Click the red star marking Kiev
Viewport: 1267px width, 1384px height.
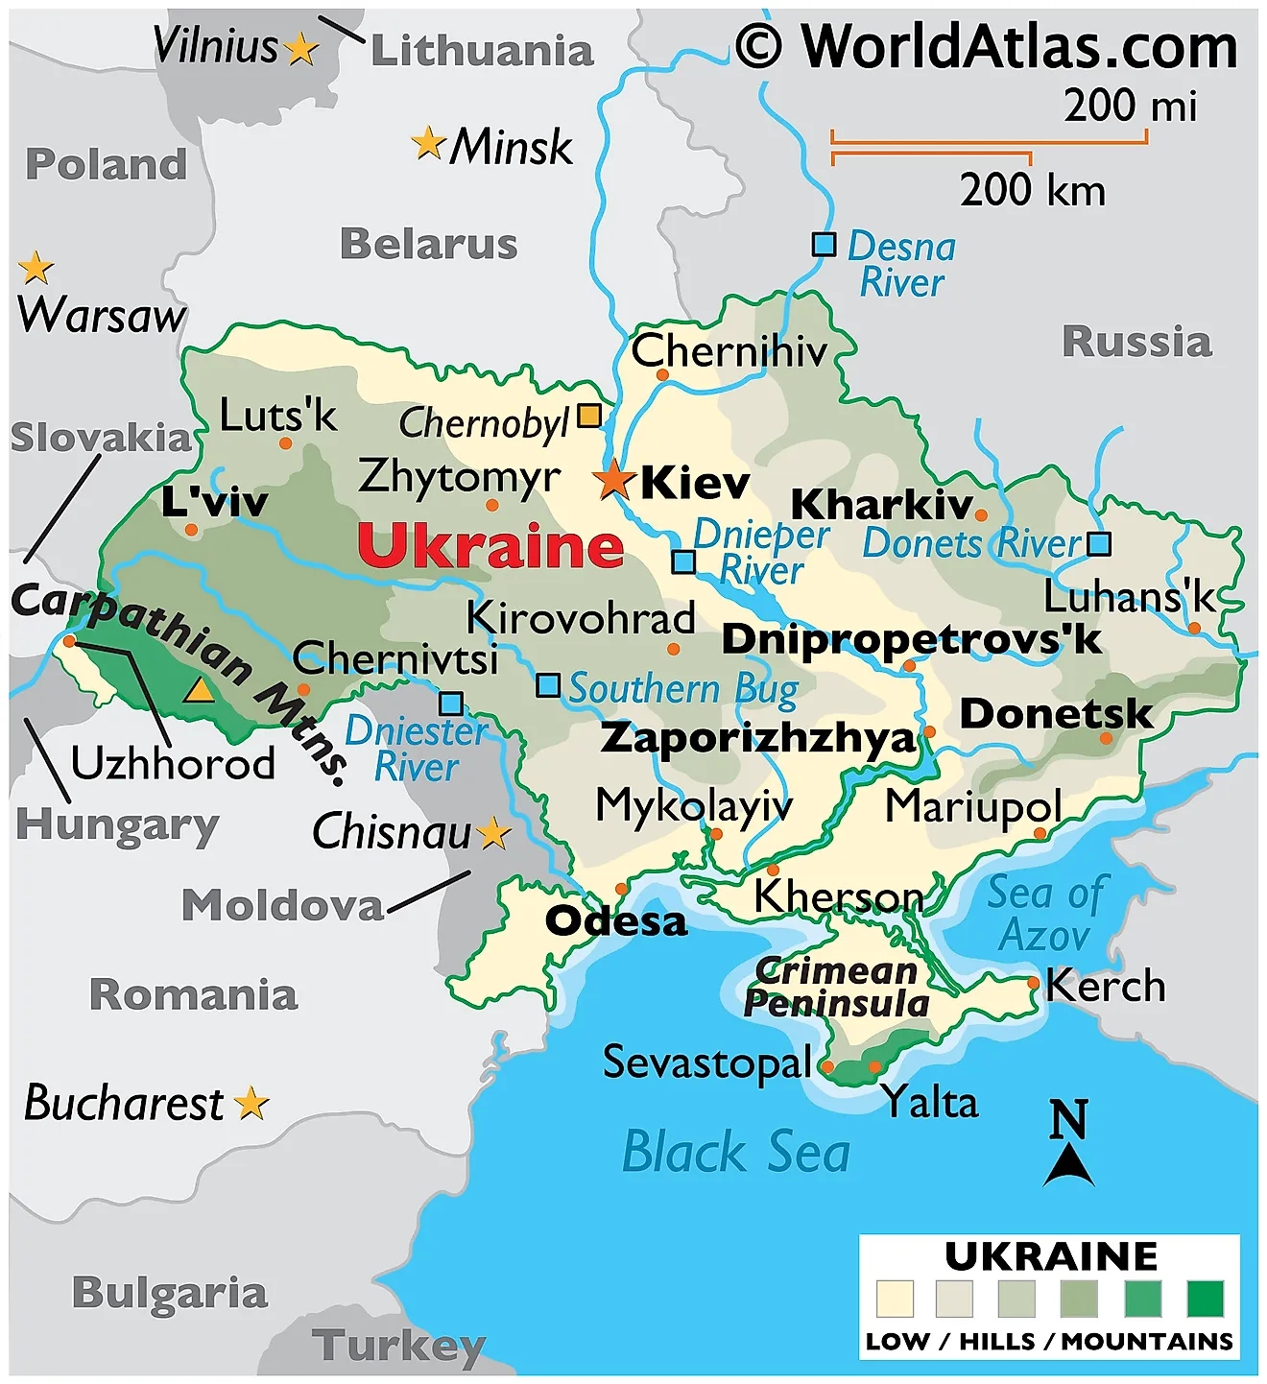(612, 479)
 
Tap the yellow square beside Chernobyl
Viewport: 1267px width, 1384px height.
(588, 416)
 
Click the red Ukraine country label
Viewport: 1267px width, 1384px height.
(490, 545)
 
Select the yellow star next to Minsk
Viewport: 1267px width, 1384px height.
(427, 144)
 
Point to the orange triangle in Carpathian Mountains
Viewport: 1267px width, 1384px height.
(199, 690)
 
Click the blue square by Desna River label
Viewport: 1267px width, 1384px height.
(824, 244)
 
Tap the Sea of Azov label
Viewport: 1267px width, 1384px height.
(1046, 914)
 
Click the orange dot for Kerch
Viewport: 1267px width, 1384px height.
(1033, 983)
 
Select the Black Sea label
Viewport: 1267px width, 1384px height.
(736, 1152)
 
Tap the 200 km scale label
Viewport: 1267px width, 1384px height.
(1033, 190)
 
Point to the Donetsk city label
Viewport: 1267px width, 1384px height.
(1056, 713)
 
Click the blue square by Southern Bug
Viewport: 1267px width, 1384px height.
(547, 685)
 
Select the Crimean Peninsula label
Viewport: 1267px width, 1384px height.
(836, 987)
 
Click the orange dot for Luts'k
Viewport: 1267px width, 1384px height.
(285, 443)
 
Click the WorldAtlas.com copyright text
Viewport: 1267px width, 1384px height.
(987, 45)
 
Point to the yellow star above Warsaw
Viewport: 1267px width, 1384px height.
(36, 268)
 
